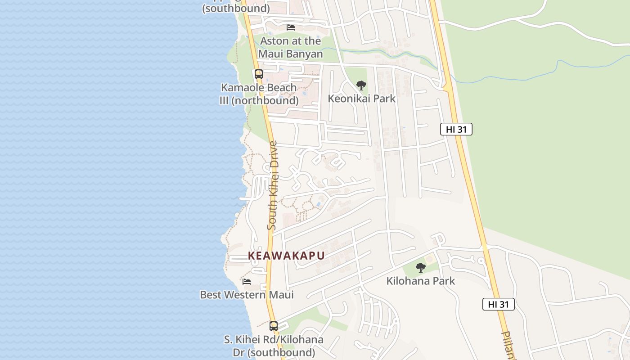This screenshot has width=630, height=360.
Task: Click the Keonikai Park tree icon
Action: coord(361,85)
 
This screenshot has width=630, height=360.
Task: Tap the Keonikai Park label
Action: coord(361,99)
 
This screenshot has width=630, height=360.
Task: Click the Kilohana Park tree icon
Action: coord(421,268)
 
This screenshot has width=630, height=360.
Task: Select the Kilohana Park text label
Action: coord(421,281)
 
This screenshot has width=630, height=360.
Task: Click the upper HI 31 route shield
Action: coord(456,130)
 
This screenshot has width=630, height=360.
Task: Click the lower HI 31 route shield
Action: coord(498,304)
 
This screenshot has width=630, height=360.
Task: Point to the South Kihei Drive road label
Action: coord(272,185)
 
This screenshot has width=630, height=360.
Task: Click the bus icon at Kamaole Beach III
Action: coord(258,74)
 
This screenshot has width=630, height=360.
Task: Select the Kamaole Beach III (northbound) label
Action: coord(259,94)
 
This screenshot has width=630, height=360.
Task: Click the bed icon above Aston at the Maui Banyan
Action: coord(291,27)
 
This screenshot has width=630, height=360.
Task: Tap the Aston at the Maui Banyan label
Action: coord(291,47)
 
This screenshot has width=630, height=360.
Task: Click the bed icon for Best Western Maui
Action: coord(247,282)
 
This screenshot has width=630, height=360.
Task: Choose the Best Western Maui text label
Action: coord(247,295)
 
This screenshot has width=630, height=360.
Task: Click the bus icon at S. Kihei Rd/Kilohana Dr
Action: coord(274,326)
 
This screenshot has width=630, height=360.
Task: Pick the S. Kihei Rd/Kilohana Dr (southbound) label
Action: coord(274,346)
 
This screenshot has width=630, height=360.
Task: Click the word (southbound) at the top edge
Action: coord(236,8)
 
